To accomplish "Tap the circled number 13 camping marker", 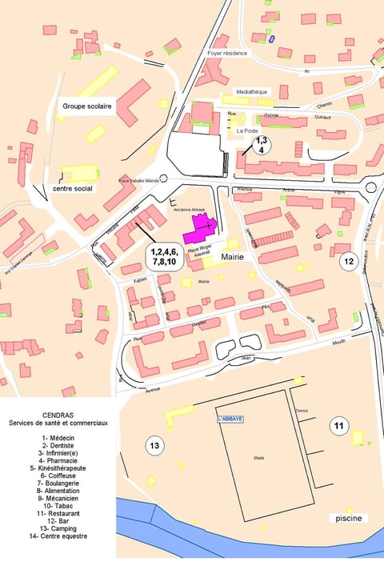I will (x=154, y=445).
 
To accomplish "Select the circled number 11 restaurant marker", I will (x=338, y=426).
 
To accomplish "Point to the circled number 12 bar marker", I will (x=348, y=261).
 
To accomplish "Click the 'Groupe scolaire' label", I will (x=87, y=106).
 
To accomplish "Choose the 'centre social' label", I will (x=73, y=189).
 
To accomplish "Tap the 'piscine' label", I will (x=349, y=518).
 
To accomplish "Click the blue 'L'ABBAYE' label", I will (x=230, y=419).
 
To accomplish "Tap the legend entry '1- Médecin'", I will (x=58, y=439).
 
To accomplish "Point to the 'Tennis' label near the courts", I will (x=301, y=411).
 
